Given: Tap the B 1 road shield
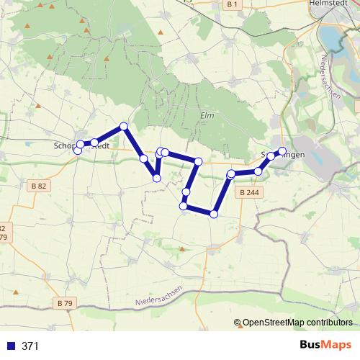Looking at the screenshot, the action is pos(231,5).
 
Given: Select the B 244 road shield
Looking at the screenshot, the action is pos(250,192).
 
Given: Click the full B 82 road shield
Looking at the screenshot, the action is pos(40,186).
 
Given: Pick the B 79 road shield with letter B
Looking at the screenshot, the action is pos(66,302).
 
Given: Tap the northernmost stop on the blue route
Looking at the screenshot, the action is pos(124,127).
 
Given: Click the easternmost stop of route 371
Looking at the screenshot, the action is pos(282,151).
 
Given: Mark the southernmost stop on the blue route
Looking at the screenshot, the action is pos(213,213).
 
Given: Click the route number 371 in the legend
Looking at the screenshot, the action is pos(30,346).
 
